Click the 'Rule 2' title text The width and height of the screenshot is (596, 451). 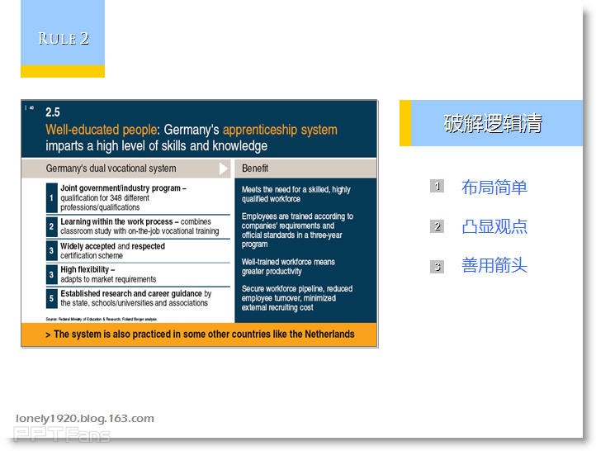click(x=63, y=38)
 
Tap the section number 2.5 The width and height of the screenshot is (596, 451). click(x=53, y=112)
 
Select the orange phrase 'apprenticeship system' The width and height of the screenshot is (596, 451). click(x=280, y=130)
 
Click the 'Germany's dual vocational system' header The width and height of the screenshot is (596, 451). click(x=111, y=169)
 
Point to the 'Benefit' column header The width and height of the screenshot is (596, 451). click(x=255, y=169)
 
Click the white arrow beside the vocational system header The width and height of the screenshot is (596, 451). click(x=224, y=169)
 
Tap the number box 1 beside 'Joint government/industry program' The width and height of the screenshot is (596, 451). click(x=51, y=197)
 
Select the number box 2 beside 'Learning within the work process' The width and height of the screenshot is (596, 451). click(x=51, y=226)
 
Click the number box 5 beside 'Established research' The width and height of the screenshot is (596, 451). click(x=51, y=298)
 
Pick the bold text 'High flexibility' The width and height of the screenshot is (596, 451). click(x=87, y=269)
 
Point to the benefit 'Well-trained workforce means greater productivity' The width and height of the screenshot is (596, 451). click(x=288, y=267)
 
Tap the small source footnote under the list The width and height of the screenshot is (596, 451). click(x=101, y=318)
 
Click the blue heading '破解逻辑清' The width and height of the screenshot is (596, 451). click(x=493, y=124)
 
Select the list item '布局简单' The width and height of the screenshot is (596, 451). click(x=494, y=188)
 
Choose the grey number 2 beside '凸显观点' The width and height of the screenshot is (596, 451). click(x=438, y=226)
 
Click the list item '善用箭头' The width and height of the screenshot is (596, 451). click(x=494, y=266)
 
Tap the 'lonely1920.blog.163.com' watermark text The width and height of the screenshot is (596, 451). click(x=84, y=418)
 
